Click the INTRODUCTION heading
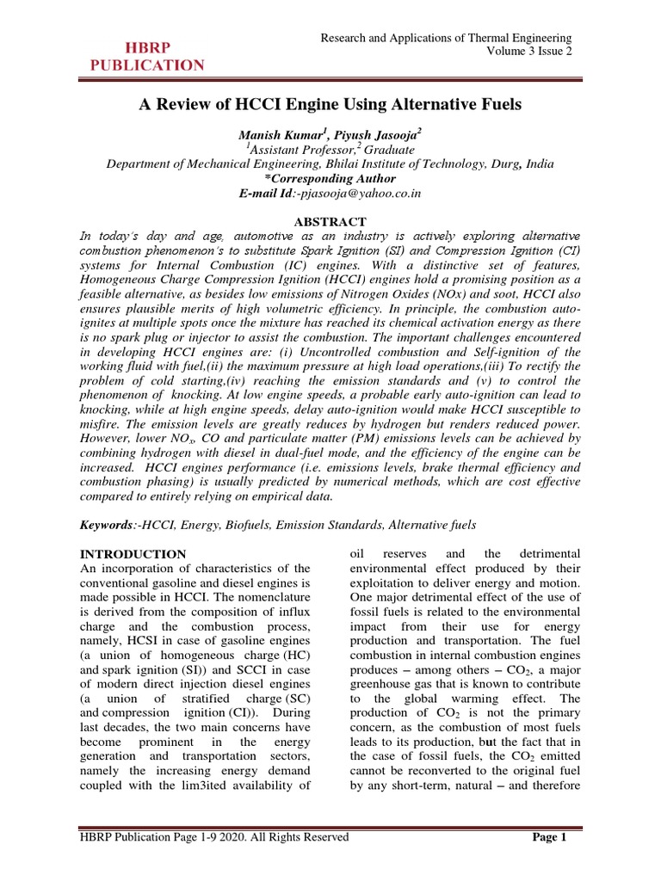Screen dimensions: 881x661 click(x=133, y=554)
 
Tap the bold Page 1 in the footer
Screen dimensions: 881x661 click(x=548, y=837)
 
